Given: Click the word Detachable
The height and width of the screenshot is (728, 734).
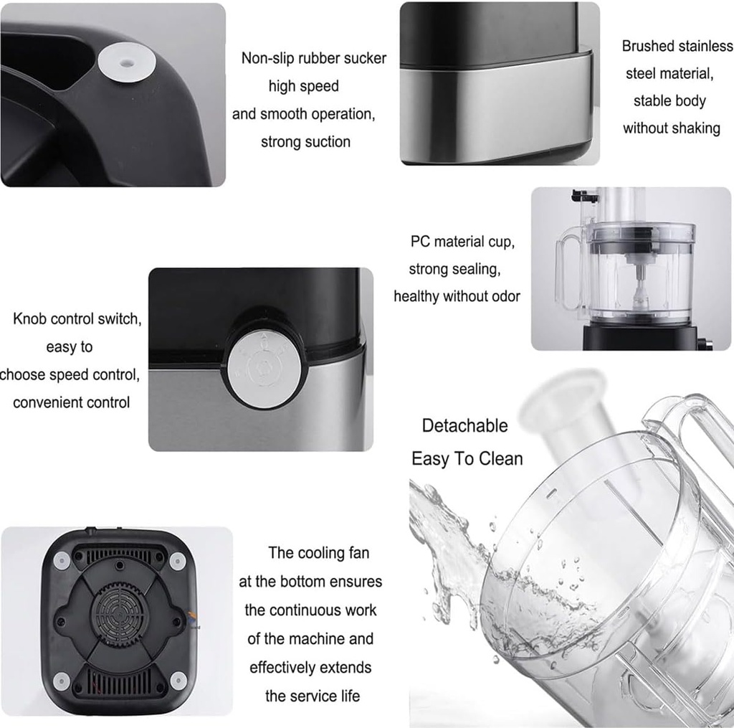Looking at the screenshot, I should click(x=464, y=425).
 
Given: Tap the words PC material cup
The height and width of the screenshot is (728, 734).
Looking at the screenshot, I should click(x=462, y=242).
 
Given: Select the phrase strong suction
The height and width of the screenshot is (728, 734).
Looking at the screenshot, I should click(x=305, y=142).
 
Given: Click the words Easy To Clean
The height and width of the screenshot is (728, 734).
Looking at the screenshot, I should click(x=467, y=459).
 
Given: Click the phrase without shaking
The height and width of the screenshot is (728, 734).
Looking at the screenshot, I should click(x=671, y=128).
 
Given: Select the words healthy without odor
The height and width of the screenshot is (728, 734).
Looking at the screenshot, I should click(x=457, y=296).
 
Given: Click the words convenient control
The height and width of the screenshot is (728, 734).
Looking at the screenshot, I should click(x=72, y=402).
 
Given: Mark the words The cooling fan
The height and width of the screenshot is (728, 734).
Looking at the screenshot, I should click(x=319, y=553).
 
